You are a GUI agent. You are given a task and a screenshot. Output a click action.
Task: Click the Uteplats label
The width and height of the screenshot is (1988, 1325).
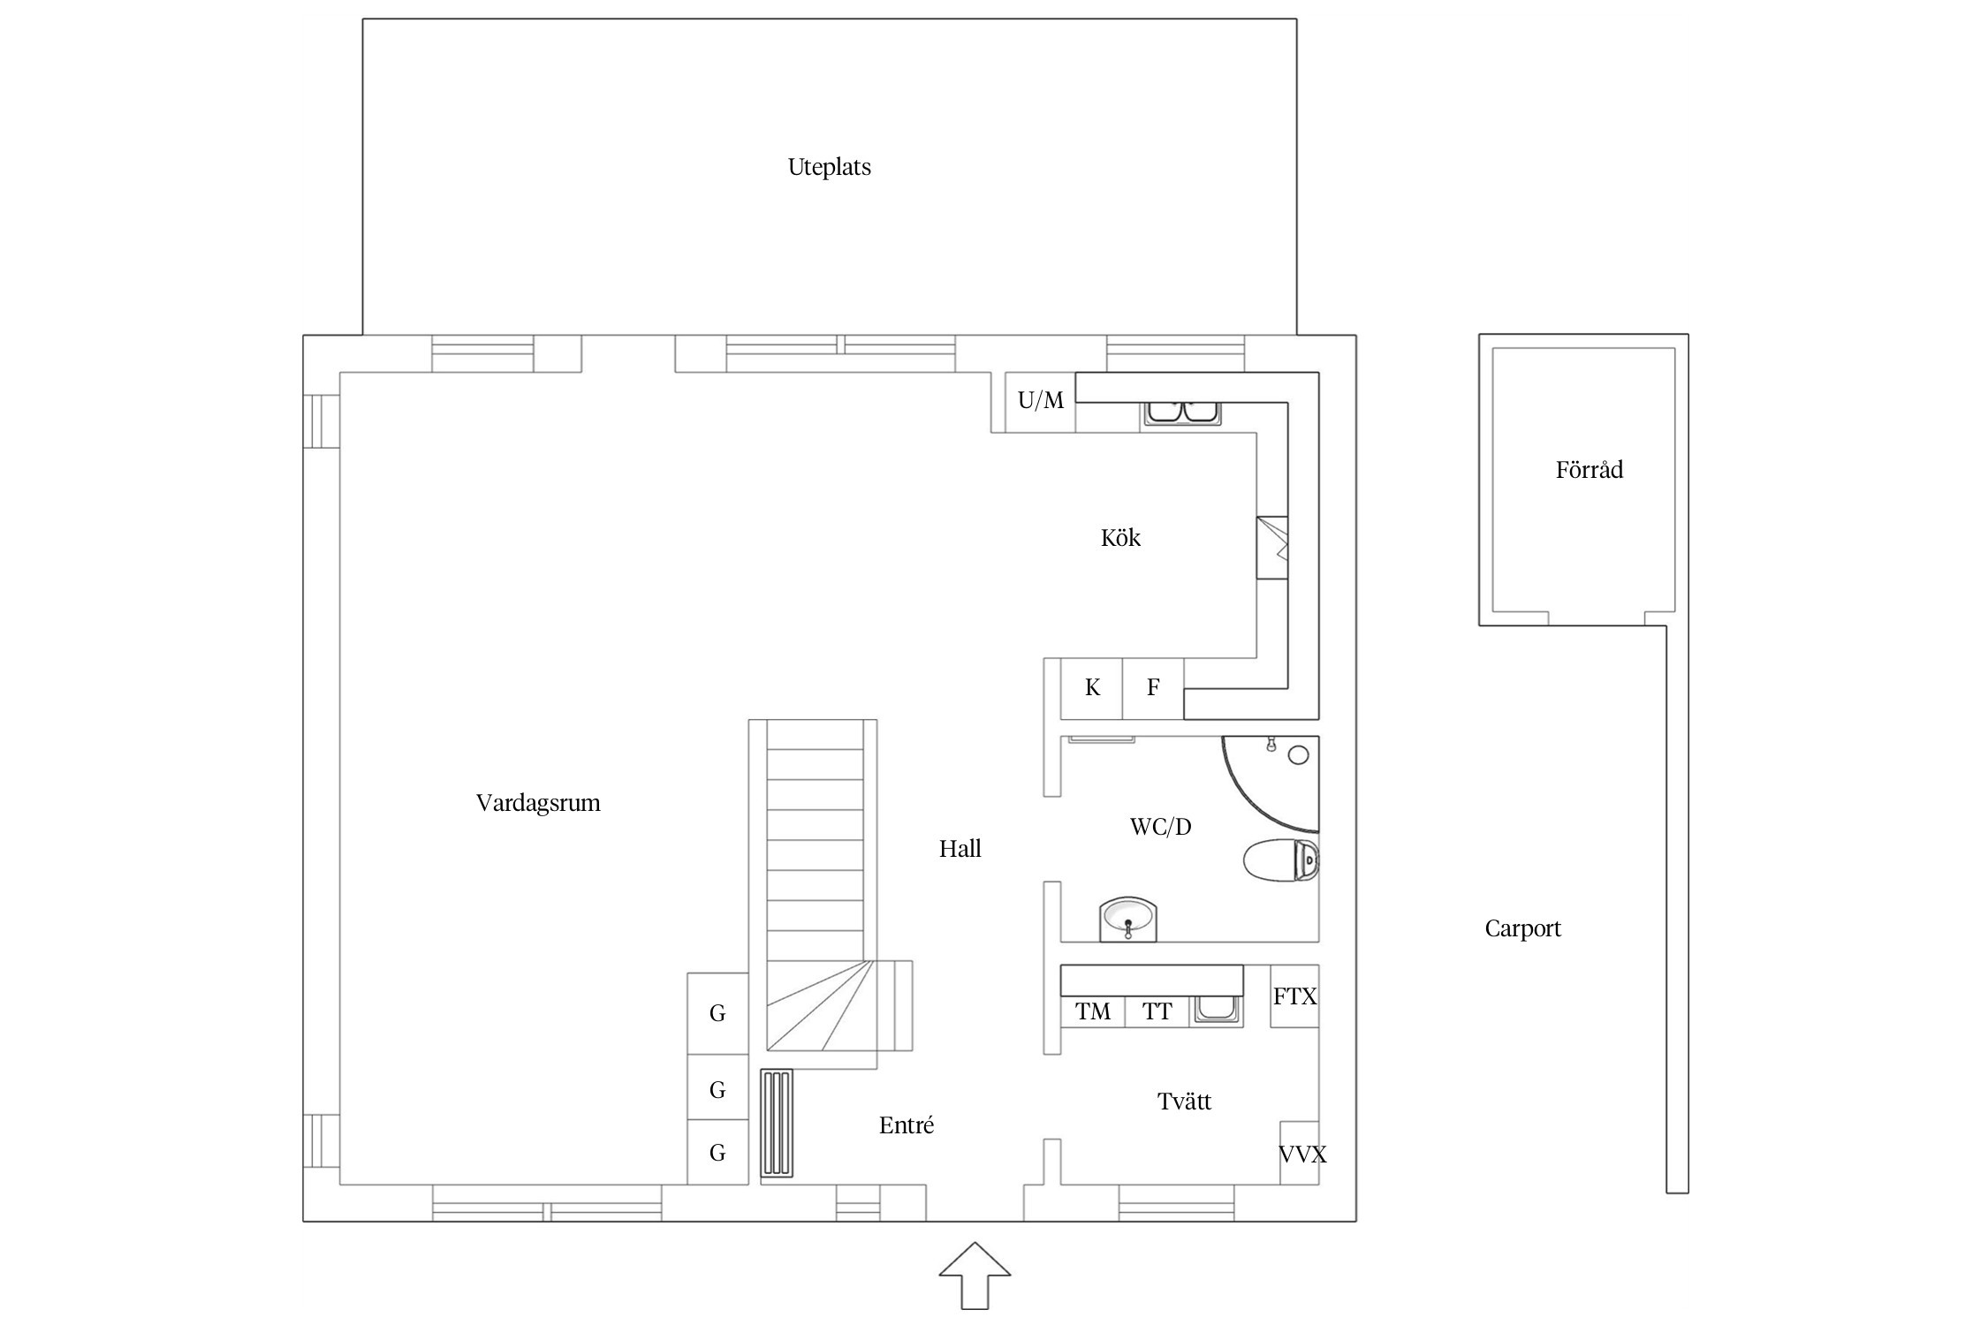(829, 167)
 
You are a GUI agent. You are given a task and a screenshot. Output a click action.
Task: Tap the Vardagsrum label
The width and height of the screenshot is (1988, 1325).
(538, 803)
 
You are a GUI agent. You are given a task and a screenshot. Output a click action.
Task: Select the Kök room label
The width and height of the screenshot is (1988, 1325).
(1120, 538)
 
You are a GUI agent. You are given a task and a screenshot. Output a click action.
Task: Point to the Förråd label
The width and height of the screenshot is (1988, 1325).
(1589, 469)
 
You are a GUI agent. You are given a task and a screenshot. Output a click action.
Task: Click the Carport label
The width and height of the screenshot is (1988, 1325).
(1522, 928)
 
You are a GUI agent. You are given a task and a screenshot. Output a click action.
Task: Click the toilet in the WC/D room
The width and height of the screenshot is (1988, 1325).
(1281, 860)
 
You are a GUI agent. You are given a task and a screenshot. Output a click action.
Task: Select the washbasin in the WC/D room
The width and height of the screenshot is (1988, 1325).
(1127, 920)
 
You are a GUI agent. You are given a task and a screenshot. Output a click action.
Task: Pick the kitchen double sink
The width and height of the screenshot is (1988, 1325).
(1183, 413)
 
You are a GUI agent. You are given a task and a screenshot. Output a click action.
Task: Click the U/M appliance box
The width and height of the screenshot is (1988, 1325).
(1041, 402)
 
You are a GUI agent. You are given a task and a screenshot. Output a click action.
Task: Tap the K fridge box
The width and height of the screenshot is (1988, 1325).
(1092, 688)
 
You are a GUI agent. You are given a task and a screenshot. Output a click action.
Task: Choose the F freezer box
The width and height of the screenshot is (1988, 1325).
(1153, 688)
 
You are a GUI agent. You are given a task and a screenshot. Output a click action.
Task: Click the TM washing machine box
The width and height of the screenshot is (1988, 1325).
(1093, 1011)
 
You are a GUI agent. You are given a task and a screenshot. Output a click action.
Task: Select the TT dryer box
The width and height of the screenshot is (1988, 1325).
(1157, 1011)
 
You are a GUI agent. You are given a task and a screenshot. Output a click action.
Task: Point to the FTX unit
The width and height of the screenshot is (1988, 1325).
(1294, 996)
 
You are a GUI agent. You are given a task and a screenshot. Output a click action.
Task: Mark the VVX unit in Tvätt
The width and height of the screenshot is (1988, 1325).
(1301, 1154)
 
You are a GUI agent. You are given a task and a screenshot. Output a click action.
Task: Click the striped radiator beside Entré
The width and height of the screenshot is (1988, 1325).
(777, 1124)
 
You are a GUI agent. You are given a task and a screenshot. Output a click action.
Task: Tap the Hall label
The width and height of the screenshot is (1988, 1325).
(960, 849)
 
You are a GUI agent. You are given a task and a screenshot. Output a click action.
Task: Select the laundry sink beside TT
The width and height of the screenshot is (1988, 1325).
(1218, 1010)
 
